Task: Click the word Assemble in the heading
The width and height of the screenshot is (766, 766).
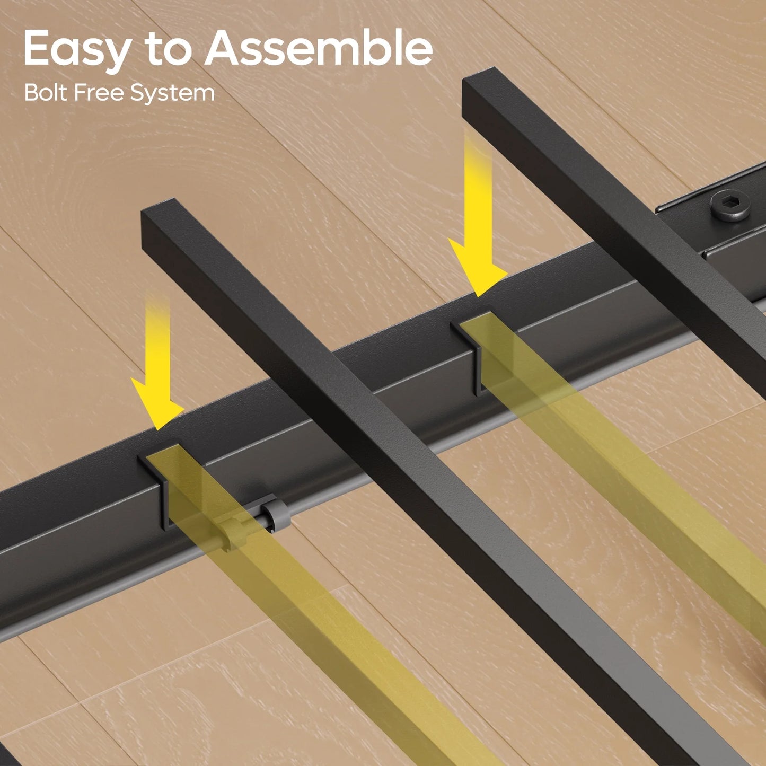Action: point(319,47)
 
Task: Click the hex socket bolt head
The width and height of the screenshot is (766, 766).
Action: point(730,205)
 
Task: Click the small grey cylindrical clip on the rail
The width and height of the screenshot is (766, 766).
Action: point(275,516)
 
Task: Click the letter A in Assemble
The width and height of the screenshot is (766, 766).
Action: point(225,48)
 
